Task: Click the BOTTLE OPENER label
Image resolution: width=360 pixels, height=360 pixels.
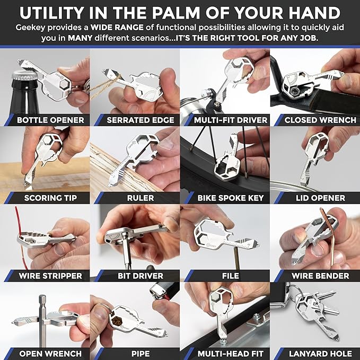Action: point(50,120)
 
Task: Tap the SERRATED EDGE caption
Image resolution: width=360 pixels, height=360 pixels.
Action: point(140,120)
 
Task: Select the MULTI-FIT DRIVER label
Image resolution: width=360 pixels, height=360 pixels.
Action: point(230,120)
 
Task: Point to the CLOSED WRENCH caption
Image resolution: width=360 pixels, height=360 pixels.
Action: point(320,120)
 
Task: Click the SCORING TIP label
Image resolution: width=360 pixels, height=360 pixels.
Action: point(50,198)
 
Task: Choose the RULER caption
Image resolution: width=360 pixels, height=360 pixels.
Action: point(141,198)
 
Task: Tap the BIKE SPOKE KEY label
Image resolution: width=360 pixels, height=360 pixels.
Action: point(230,198)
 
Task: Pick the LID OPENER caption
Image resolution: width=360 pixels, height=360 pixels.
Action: point(320,198)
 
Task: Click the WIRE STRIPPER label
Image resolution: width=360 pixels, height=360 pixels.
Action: point(50,276)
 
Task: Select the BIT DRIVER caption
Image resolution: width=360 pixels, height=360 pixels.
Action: point(141,276)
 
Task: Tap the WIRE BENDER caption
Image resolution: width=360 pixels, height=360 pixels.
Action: point(320,276)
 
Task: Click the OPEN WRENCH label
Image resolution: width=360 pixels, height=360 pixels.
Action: point(50,353)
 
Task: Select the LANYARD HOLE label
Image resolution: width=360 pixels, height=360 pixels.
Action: point(320,353)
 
